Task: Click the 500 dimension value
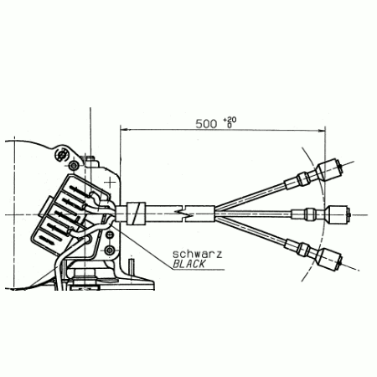coord(206,124)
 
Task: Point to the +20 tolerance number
coord(230,120)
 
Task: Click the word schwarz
coord(197,254)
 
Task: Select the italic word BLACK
coord(189,264)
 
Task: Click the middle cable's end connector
coord(337,214)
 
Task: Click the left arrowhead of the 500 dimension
coord(124,130)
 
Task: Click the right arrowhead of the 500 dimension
coord(322,130)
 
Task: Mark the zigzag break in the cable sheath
coord(183,214)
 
